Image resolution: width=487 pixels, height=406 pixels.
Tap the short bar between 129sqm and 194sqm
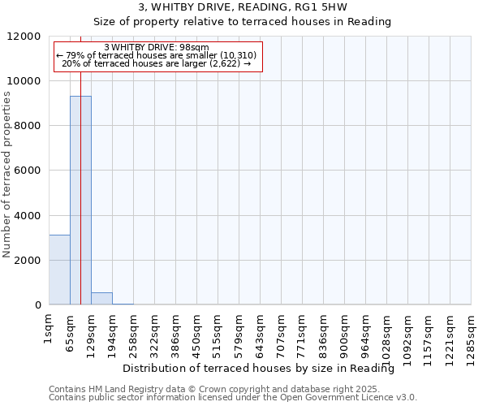[x=101, y=299]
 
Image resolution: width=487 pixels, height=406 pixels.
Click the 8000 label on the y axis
[x=28, y=126]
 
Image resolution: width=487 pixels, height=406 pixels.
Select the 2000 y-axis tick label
[x=28, y=261]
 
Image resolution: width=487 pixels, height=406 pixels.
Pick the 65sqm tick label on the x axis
[x=71, y=330]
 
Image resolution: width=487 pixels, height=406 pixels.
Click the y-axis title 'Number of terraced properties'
[x=7, y=175]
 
